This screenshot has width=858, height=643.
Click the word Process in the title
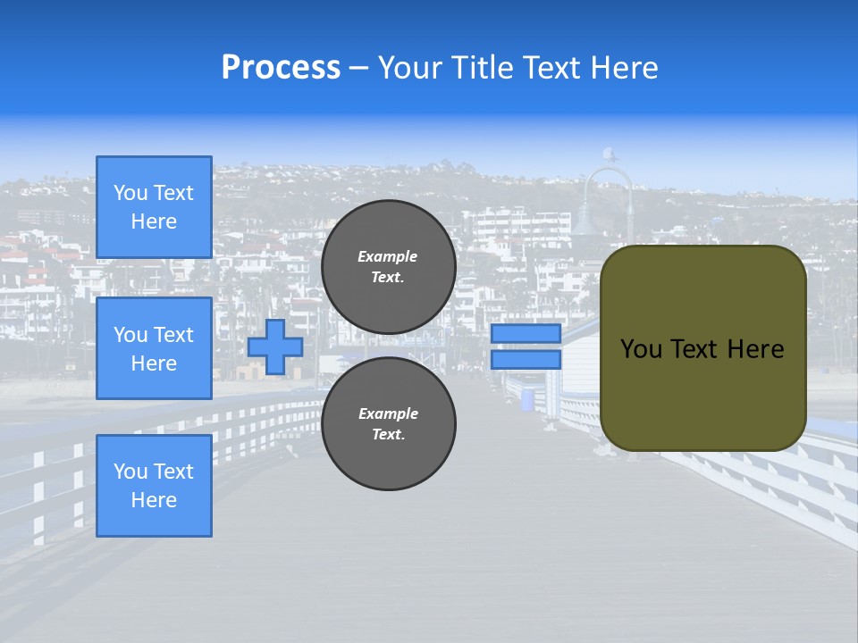click(281, 68)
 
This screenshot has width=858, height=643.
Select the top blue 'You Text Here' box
click(154, 207)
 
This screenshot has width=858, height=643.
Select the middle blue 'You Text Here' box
click(154, 348)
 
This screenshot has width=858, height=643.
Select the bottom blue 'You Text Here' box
click(154, 486)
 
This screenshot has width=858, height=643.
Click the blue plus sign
click(275, 347)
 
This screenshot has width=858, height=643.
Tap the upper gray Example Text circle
click(389, 267)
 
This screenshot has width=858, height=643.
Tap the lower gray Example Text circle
click(389, 423)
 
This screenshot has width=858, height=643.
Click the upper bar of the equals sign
click(526, 333)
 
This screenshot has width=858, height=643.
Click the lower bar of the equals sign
click(526, 360)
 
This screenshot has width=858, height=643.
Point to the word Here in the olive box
click(755, 349)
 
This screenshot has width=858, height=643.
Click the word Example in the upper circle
click(388, 256)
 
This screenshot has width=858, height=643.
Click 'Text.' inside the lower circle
click(389, 434)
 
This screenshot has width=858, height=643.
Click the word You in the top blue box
click(130, 193)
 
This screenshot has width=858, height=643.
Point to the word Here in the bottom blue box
click(154, 500)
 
